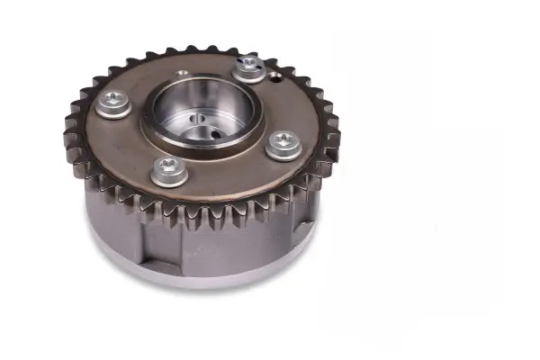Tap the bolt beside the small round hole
[249, 67]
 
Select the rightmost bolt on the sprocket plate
[283, 144]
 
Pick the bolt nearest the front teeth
[169, 170]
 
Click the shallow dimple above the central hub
[184, 73]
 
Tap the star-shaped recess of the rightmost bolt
[283, 139]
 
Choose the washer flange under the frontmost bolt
[169, 178]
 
